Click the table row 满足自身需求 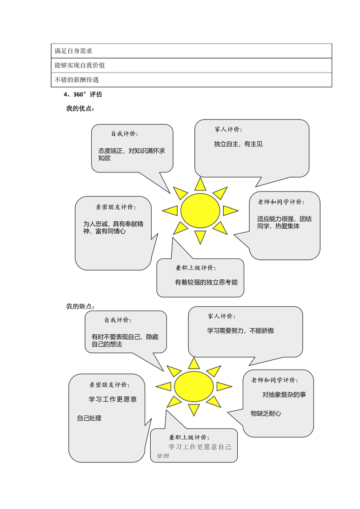(x=191, y=51)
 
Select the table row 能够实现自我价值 (x=191, y=65)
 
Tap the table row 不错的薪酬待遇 (x=191, y=80)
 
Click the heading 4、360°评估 (x=83, y=94)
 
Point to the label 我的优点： (x=80, y=108)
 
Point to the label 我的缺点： (x=80, y=306)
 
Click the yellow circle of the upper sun (x=200, y=211)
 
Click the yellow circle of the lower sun (x=193, y=386)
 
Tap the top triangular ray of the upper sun (x=200, y=184)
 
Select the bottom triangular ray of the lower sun (x=193, y=410)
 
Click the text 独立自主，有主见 (x=238, y=144)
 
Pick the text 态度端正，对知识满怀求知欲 (x=132, y=154)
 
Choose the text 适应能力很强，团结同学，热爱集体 (x=284, y=222)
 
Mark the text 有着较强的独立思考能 (x=207, y=283)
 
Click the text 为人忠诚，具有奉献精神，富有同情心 (x=113, y=228)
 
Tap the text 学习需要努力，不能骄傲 (x=240, y=331)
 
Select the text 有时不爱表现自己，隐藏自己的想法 (x=125, y=341)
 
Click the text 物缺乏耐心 (x=266, y=413)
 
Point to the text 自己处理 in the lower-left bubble (x=89, y=418)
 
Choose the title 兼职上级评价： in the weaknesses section (x=189, y=437)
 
